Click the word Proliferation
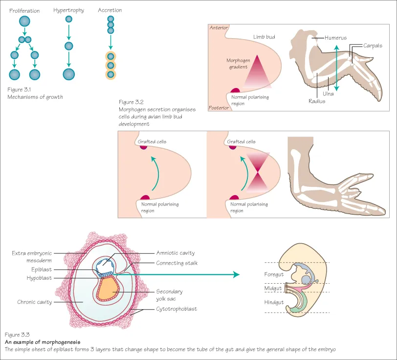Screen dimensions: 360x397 coord(24,10)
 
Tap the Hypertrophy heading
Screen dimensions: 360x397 coord(68,10)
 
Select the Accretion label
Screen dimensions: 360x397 coord(110,10)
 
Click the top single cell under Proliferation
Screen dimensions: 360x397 coord(24,21)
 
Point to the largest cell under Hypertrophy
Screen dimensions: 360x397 coord(69,74)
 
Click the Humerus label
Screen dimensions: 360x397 coord(336,38)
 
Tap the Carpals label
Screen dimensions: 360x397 coord(373,45)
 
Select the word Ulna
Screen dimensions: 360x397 coord(328,93)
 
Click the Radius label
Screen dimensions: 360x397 coord(317,101)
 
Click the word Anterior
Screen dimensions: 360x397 coord(219,28)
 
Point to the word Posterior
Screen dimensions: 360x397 coord(219,108)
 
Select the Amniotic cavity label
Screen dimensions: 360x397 coord(176,253)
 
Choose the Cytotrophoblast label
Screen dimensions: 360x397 coord(176,309)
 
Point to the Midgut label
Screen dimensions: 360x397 coord(273,289)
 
